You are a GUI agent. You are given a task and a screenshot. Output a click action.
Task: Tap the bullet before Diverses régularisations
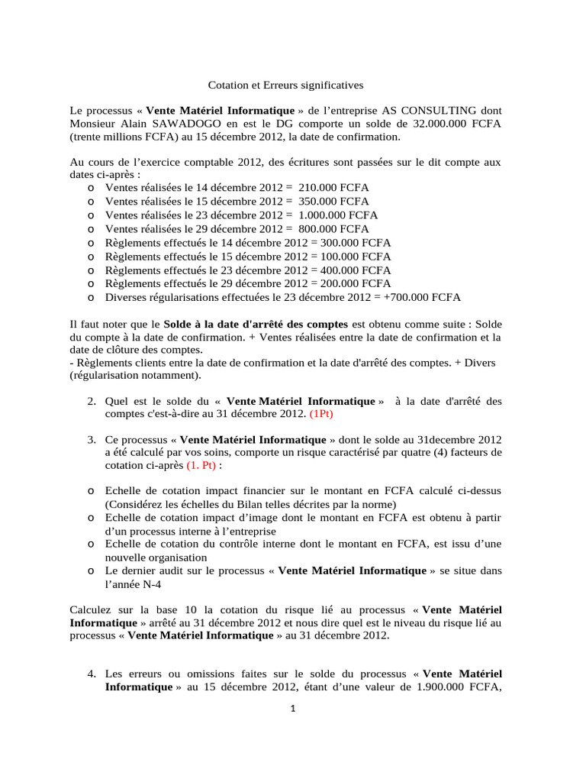[91, 298]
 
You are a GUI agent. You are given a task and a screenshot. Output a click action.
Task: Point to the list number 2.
[90, 401]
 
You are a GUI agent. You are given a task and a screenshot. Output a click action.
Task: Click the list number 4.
[90, 674]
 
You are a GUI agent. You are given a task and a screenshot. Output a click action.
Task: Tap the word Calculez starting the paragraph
[92, 610]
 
